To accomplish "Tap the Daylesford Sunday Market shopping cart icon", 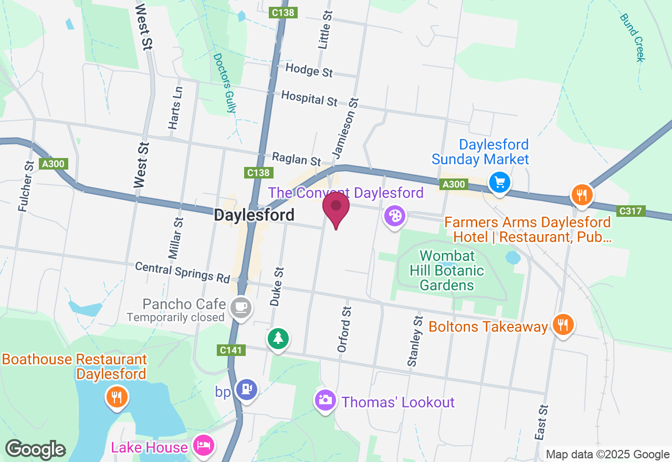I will pyautogui.click(x=499, y=183).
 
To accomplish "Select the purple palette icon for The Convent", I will pyautogui.click(x=394, y=216).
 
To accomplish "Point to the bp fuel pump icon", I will pyautogui.click(x=246, y=389).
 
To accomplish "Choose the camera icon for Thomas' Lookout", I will pyautogui.click(x=325, y=400).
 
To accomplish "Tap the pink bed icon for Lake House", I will pyautogui.click(x=203, y=446).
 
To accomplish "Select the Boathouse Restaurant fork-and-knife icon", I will pyautogui.click(x=116, y=396).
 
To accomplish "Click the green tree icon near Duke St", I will pyautogui.click(x=278, y=338).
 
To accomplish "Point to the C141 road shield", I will pyautogui.click(x=230, y=350).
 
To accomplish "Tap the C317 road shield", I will pyautogui.click(x=631, y=211).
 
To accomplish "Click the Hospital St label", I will pyautogui.click(x=309, y=98).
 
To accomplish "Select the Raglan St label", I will pyautogui.click(x=296, y=159).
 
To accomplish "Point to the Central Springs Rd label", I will pyautogui.click(x=182, y=272).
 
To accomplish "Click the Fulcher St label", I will pyautogui.click(x=26, y=186).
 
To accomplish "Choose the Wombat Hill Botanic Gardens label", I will pyautogui.click(x=447, y=271).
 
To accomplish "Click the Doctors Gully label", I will pyautogui.click(x=225, y=82).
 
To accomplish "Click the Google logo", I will pyautogui.click(x=36, y=449).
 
